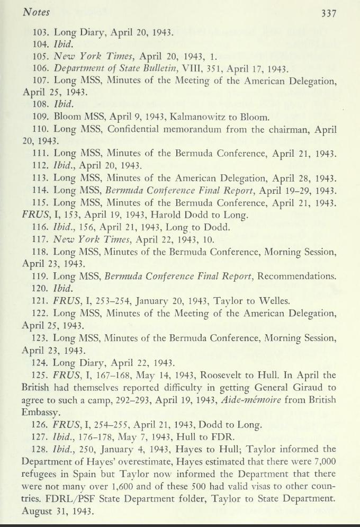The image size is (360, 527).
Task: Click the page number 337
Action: tap(329, 14)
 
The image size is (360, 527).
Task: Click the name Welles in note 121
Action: tap(272, 301)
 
